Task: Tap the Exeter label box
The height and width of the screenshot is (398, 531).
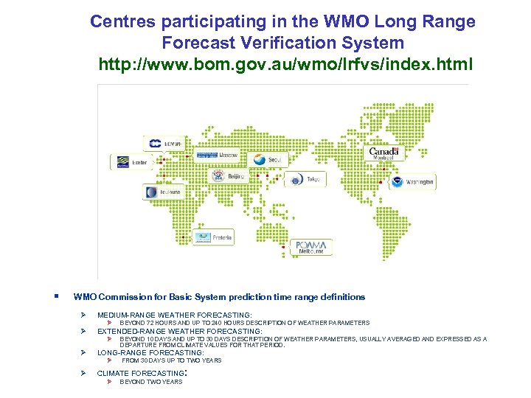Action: [x=131, y=161]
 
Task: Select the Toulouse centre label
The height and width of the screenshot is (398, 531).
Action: [x=163, y=192]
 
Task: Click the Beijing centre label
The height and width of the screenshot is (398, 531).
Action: [x=228, y=177]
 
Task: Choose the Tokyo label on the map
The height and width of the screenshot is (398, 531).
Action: [x=305, y=179]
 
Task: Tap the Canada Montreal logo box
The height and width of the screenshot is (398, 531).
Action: [x=383, y=153]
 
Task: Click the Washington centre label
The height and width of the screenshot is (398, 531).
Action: [x=412, y=181]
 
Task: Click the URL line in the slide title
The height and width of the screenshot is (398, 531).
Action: [x=282, y=64]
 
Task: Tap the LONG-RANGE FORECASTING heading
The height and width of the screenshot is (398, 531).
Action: [x=150, y=353]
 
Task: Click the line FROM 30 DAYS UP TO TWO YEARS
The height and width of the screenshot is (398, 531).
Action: [x=171, y=360]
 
